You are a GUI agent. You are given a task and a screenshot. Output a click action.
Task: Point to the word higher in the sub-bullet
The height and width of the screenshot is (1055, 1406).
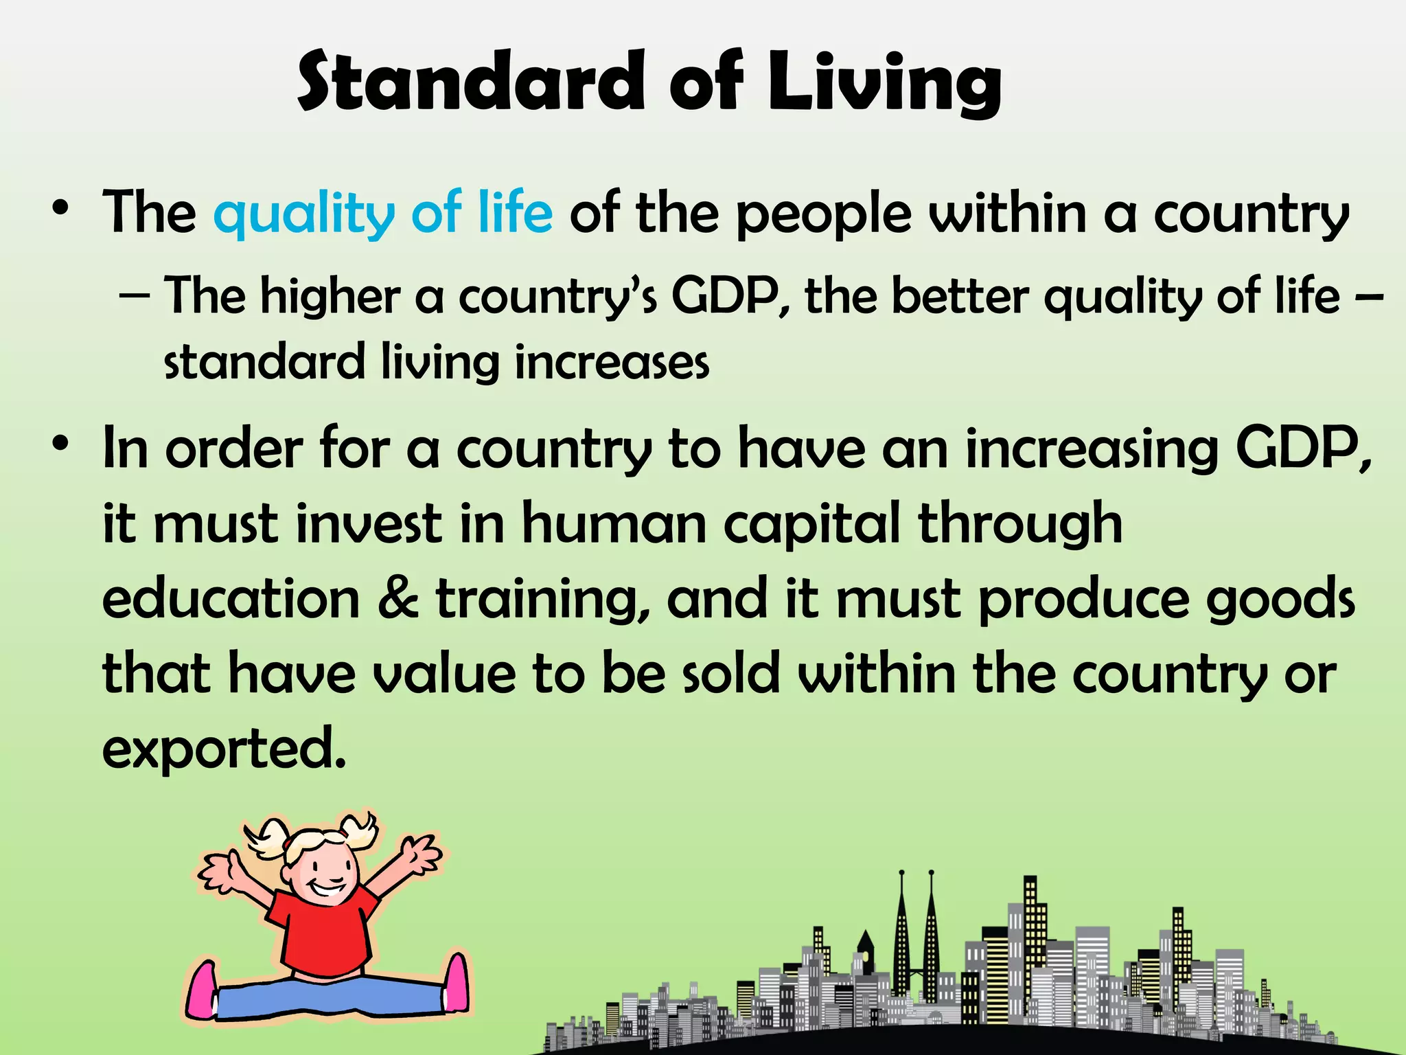coord(330,297)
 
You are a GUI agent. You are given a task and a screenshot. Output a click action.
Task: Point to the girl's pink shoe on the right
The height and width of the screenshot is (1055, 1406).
coord(456,983)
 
